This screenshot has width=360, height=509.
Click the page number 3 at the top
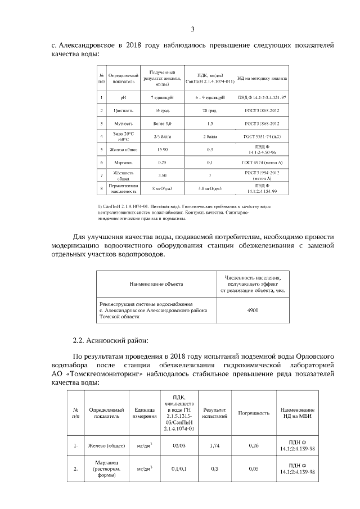192,30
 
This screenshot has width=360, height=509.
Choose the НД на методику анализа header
262,79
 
